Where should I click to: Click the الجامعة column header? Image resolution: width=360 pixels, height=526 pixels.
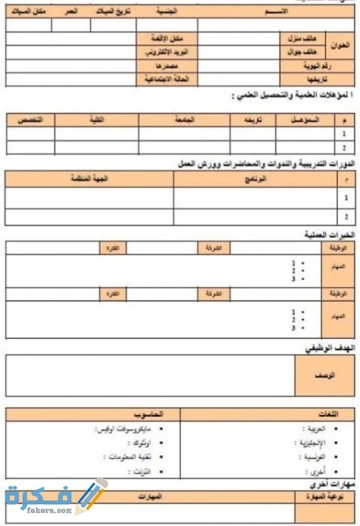[x=183, y=120]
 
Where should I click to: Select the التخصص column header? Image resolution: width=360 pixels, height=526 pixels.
[x=30, y=120]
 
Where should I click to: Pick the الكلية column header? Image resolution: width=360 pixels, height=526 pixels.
[x=97, y=120]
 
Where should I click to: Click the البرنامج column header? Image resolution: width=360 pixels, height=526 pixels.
[x=256, y=180]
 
